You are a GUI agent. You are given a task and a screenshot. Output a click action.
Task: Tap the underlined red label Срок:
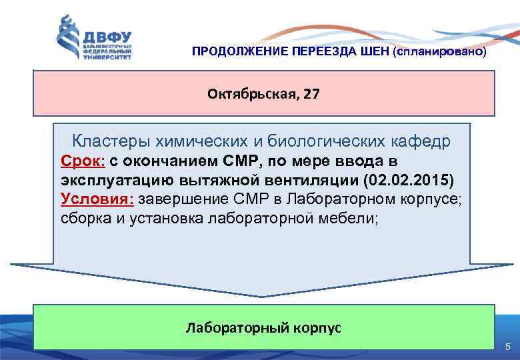click(x=83, y=161)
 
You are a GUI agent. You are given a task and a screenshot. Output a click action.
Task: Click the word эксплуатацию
click(x=115, y=180)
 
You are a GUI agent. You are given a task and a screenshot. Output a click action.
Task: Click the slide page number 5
click(x=508, y=347)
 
